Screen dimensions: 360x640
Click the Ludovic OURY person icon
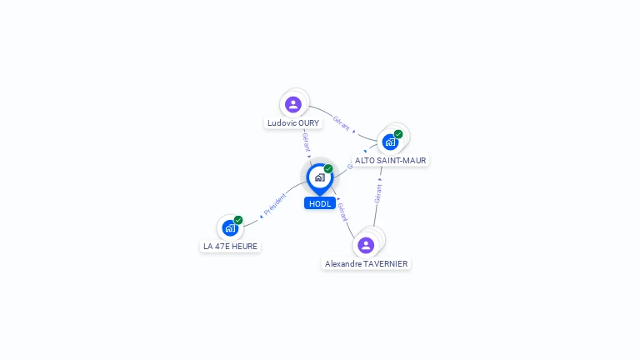point(292,104)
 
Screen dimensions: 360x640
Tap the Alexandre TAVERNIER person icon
point(366,245)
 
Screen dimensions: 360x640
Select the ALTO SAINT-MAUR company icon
point(390,142)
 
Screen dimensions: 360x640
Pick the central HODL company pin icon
point(319,177)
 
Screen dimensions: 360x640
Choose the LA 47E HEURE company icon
point(230,227)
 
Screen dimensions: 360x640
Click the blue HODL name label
point(320,203)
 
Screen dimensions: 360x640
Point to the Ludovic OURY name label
point(293,122)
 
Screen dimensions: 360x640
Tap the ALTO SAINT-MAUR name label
point(391,160)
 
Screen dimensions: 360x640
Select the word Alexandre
point(343,263)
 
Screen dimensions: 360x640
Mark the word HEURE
point(244,246)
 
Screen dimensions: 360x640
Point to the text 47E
point(222,246)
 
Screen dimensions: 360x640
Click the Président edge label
point(275,203)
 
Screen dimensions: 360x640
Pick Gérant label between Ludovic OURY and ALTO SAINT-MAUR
point(342,122)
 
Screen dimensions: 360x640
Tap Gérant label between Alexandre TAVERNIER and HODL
point(342,212)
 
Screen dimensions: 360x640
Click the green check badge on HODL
point(328,169)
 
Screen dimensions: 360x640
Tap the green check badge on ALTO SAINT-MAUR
point(398,134)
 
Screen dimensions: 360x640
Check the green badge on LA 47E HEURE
point(238,220)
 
